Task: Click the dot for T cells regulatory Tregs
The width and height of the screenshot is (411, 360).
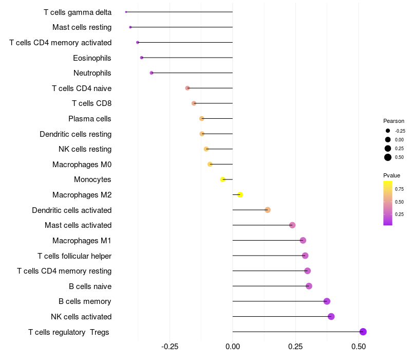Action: tap(363, 332)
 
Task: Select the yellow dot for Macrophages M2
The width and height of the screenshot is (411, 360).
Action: tap(240, 194)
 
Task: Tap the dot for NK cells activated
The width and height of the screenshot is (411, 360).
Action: tap(331, 316)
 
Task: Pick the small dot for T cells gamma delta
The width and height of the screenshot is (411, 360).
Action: tap(126, 12)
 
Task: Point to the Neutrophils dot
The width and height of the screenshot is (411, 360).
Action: tap(151, 73)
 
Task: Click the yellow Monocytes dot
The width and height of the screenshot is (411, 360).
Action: tap(222, 179)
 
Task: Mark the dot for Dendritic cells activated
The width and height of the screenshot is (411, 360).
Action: tap(268, 210)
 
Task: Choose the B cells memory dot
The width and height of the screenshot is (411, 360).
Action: tap(327, 301)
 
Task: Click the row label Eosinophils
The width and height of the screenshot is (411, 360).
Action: tap(92, 58)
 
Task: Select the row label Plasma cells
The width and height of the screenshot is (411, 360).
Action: tap(90, 119)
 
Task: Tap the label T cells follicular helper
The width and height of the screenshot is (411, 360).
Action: tap(74, 256)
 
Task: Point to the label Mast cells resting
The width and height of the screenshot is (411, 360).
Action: tap(82, 27)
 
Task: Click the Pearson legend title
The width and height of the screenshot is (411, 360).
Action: tap(394, 121)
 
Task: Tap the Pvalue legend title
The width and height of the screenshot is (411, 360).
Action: tap(392, 175)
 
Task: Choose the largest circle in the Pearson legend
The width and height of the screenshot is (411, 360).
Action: tap(388, 157)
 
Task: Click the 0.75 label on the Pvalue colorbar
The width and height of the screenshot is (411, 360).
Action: tap(399, 189)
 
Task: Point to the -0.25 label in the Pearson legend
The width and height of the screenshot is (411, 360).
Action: tap(400, 131)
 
